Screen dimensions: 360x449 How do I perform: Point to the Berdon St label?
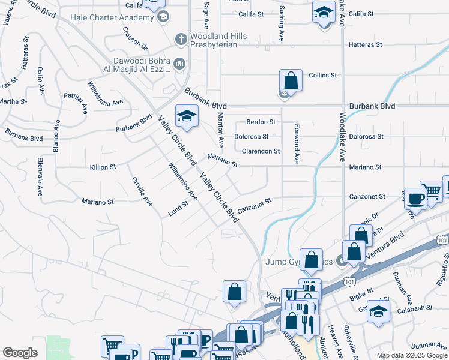(x=260, y=122)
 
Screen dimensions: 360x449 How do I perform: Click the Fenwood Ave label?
(x=297, y=144)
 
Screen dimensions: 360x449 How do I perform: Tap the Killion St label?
(x=103, y=167)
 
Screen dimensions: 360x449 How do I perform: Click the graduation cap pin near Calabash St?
(x=378, y=311)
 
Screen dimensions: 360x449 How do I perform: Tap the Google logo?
(x=20, y=353)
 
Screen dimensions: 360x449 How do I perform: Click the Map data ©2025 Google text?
(x=411, y=355)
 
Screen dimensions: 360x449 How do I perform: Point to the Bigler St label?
(x=361, y=290)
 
